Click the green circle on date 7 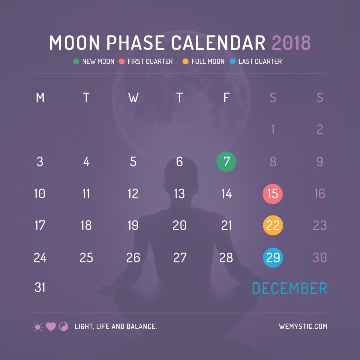point(226,162)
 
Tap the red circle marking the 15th point(273,194)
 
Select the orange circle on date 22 point(273,225)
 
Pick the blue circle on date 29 point(273,258)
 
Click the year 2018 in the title point(291,43)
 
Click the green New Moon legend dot point(76,62)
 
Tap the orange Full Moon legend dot point(185,62)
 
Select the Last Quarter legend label point(260,62)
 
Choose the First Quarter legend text point(150,62)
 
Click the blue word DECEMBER point(289,288)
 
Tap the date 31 point(40,288)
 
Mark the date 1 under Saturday point(273,130)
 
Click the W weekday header point(133,98)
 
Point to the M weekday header point(40,98)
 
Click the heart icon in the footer point(51,327)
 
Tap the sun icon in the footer point(38,327)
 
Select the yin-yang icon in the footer point(64,327)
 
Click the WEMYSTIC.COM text point(303,327)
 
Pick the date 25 point(86,258)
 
